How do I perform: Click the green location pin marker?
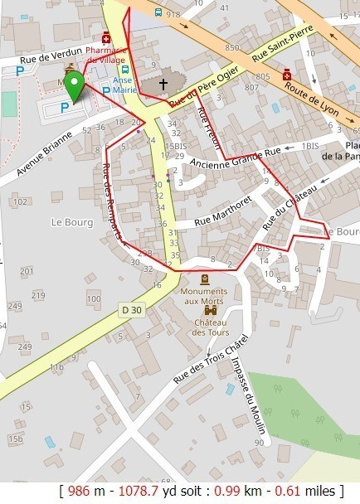[75, 85]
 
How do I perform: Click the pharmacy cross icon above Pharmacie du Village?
[106, 38]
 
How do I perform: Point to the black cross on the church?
[163, 84]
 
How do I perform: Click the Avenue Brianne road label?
[44, 155]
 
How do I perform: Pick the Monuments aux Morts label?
[204, 295]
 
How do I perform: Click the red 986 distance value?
[80, 491]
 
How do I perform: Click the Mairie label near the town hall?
[127, 89]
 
